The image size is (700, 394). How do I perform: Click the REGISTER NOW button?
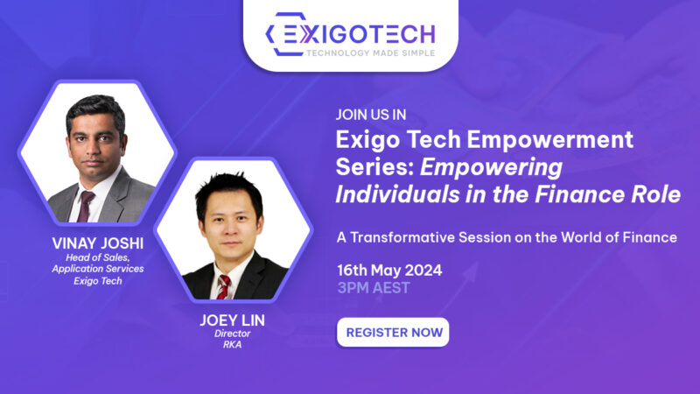click(x=393, y=333)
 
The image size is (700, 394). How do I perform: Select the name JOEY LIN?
click(x=233, y=320)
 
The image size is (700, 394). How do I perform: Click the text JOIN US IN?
click(x=371, y=115)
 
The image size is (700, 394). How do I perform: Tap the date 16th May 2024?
click(x=389, y=269)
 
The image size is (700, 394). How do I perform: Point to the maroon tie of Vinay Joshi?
click(x=86, y=206)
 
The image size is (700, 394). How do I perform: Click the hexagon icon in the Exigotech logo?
click(x=285, y=35)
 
